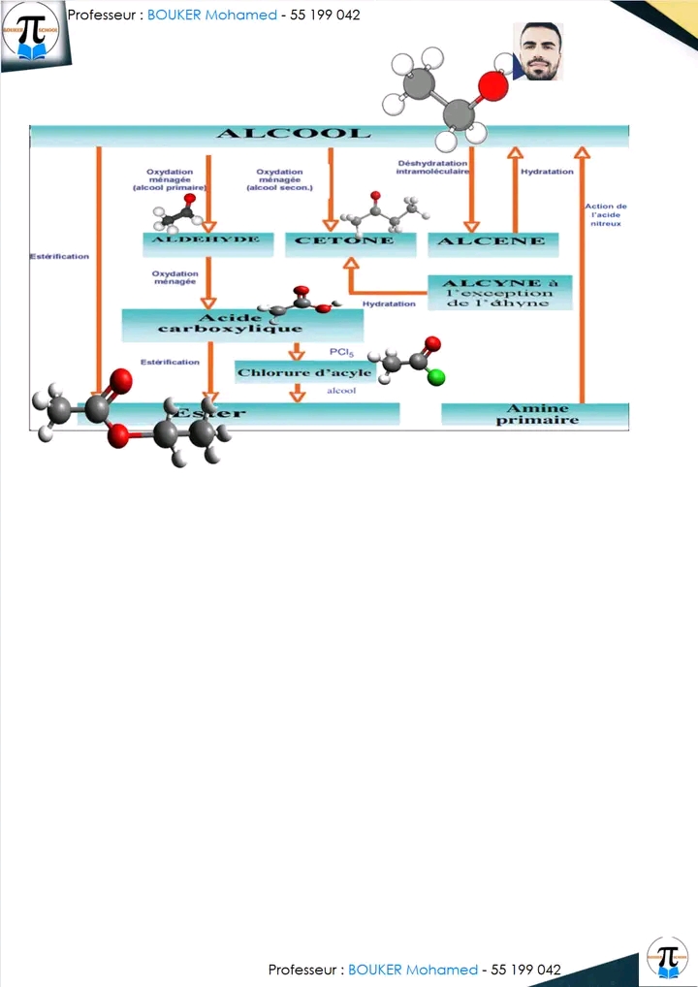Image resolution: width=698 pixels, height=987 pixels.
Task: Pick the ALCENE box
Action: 492,242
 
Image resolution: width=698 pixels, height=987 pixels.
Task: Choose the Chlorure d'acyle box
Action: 304,372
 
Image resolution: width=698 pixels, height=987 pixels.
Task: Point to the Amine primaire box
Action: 536,414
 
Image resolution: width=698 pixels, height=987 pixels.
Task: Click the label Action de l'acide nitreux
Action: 606,214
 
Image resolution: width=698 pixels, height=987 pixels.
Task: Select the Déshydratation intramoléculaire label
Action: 432,168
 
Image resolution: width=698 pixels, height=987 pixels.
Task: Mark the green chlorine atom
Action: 436,377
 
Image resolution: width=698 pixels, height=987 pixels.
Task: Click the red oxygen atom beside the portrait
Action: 492,86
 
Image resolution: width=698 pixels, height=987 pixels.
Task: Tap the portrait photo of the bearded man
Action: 538,52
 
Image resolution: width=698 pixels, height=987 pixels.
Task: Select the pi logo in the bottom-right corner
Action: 667,957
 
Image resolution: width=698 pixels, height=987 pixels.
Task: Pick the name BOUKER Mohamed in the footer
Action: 413,970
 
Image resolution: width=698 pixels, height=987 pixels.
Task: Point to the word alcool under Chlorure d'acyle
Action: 342,391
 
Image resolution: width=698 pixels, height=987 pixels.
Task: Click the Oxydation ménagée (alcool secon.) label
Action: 279,180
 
